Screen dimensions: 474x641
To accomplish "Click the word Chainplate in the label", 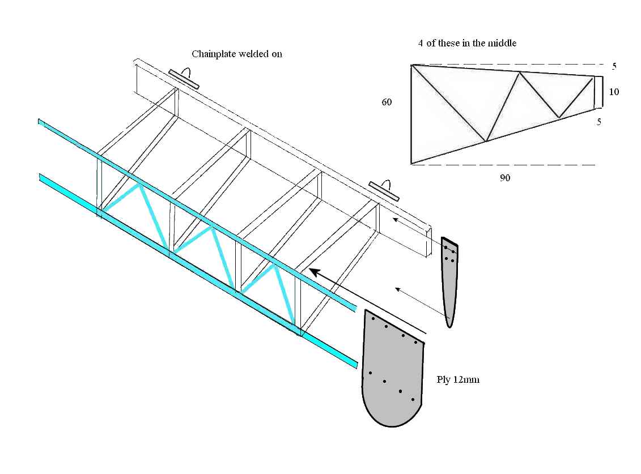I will [212, 54].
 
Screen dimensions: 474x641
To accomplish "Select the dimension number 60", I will [387, 103].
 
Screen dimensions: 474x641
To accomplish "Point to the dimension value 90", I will [505, 178].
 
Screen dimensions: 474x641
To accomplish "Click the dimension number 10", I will [614, 91].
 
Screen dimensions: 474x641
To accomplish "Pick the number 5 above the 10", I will [614, 66].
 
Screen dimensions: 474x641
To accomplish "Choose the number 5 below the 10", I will [599, 121].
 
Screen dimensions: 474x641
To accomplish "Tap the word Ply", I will [444, 379].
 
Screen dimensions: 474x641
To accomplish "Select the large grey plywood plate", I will [392, 374].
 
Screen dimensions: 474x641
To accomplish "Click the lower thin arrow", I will [419, 300].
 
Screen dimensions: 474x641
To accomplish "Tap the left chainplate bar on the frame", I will [184, 79].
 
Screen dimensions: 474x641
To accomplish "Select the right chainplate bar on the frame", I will [384, 191].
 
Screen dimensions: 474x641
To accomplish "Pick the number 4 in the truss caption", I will [421, 43].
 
